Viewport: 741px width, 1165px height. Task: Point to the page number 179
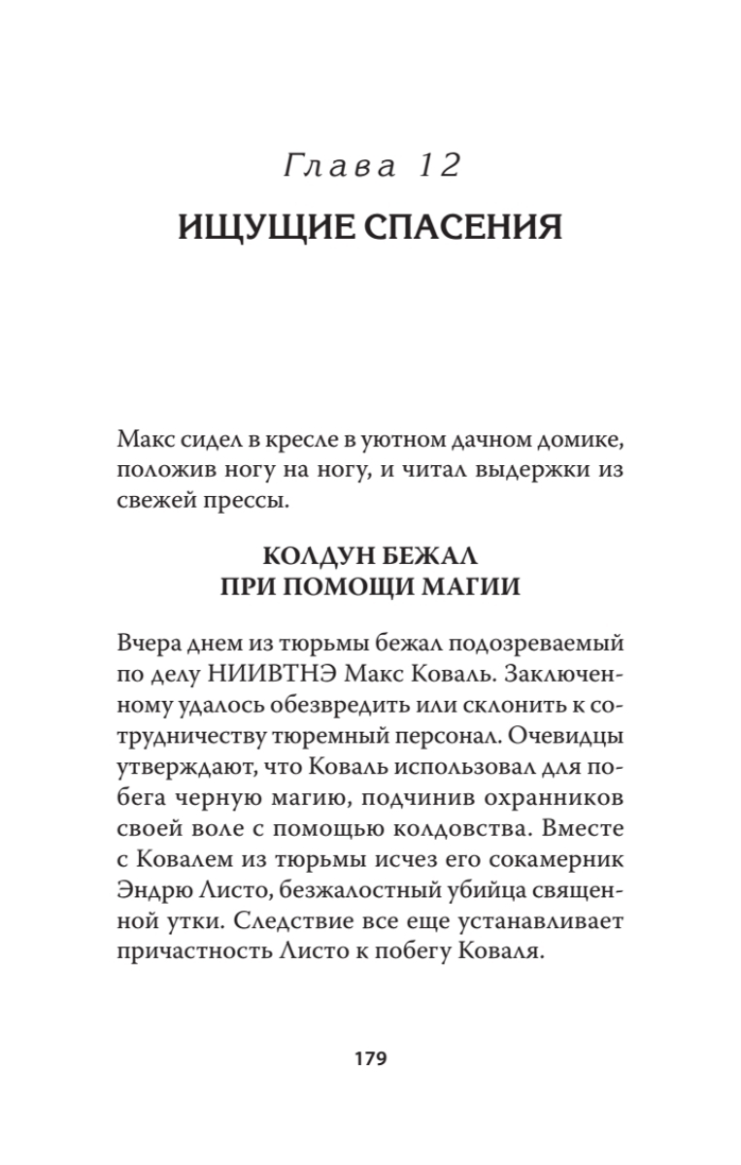(x=370, y=1058)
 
